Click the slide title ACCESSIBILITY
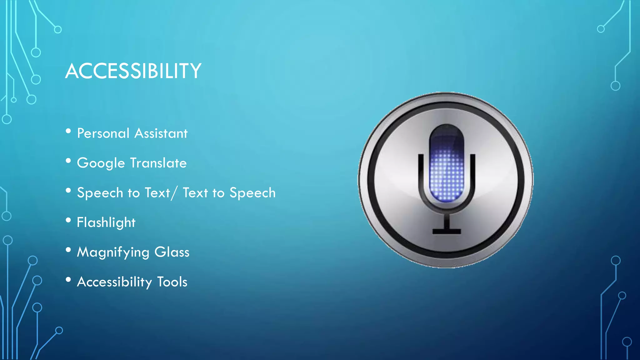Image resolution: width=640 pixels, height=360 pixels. click(x=133, y=71)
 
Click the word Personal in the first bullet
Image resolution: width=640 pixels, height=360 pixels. click(x=103, y=133)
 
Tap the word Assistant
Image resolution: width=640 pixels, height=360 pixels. click(x=161, y=133)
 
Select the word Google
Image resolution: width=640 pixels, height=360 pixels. click(x=101, y=163)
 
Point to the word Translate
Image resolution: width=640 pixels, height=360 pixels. click(x=158, y=163)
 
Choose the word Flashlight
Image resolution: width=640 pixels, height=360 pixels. click(x=106, y=222)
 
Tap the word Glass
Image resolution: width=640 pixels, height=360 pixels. click(x=172, y=252)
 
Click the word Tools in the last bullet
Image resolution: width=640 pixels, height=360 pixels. click(x=172, y=282)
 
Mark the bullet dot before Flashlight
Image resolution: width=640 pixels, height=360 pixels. click(x=68, y=220)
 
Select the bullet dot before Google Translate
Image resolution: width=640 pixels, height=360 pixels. click(x=68, y=161)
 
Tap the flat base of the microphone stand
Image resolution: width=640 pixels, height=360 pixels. click(x=447, y=232)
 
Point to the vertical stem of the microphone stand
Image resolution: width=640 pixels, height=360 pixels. click(x=447, y=220)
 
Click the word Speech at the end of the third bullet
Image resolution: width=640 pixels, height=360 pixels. click(x=252, y=193)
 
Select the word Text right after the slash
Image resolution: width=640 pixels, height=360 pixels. click(x=195, y=193)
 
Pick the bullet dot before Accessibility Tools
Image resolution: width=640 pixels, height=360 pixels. click(x=68, y=280)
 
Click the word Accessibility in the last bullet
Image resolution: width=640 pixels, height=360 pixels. click(x=114, y=282)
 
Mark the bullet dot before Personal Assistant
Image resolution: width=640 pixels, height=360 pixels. click(x=68, y=131)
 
